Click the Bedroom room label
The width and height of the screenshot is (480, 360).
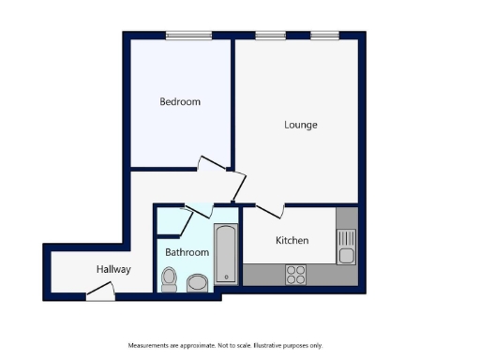pos(180,101)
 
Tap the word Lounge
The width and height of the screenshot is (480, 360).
pos(301,125)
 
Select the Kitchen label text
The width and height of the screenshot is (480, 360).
pos(292,241)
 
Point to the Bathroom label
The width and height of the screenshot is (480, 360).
pos(187,252)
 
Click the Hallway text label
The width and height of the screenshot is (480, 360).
pos(113,269)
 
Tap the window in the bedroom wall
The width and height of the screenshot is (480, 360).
pos(188,36)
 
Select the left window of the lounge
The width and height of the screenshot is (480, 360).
pos(270,36)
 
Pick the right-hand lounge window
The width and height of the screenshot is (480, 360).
pos(324,36)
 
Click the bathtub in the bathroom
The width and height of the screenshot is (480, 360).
pos(226,253)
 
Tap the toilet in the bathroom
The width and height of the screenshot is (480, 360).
pos(170,278)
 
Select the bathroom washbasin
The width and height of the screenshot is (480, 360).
pos(198,282)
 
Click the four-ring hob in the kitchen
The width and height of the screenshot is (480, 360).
pos(295,275)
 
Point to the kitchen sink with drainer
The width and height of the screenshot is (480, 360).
pos(347,247)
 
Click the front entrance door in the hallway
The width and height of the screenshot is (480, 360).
pos(99,295)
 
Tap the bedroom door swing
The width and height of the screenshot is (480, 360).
pos(214,166)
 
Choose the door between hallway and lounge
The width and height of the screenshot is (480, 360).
pos(237,186)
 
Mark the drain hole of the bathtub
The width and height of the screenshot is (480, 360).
pos(226,277)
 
